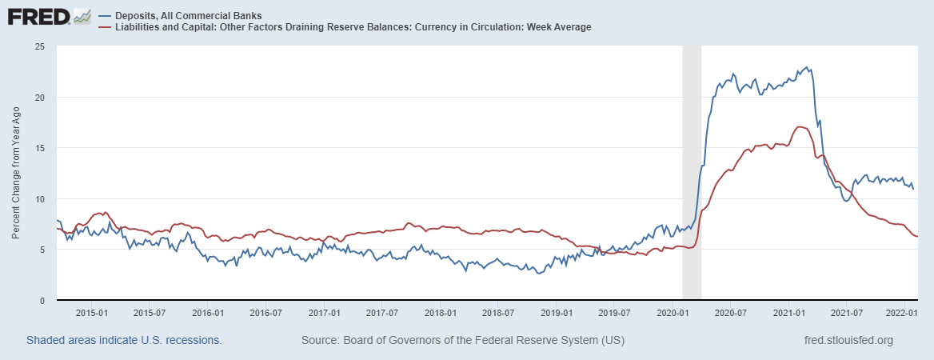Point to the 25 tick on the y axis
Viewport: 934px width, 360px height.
39,46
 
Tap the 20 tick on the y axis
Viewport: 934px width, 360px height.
39,98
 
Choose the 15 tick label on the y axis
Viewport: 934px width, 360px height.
39,148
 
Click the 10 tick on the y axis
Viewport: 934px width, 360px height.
39,199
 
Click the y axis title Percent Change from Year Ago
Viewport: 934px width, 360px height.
16,174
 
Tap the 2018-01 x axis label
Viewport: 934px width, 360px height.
440,313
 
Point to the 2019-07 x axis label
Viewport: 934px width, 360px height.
615,313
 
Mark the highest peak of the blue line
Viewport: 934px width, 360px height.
807,67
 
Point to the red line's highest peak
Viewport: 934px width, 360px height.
800,127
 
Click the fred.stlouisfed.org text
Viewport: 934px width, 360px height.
848,341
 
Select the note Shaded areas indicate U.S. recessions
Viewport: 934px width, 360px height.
124,341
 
